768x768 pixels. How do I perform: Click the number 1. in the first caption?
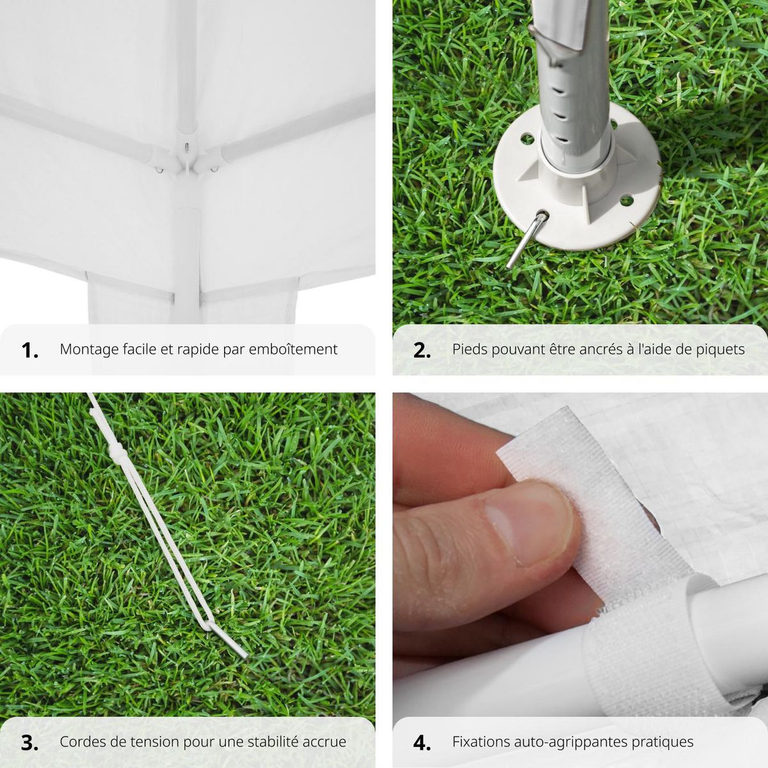30,350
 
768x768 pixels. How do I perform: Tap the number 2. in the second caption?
422,350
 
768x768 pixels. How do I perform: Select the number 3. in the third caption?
30,742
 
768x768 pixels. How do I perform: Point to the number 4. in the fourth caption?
422,742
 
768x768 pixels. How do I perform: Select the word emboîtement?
292,349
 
